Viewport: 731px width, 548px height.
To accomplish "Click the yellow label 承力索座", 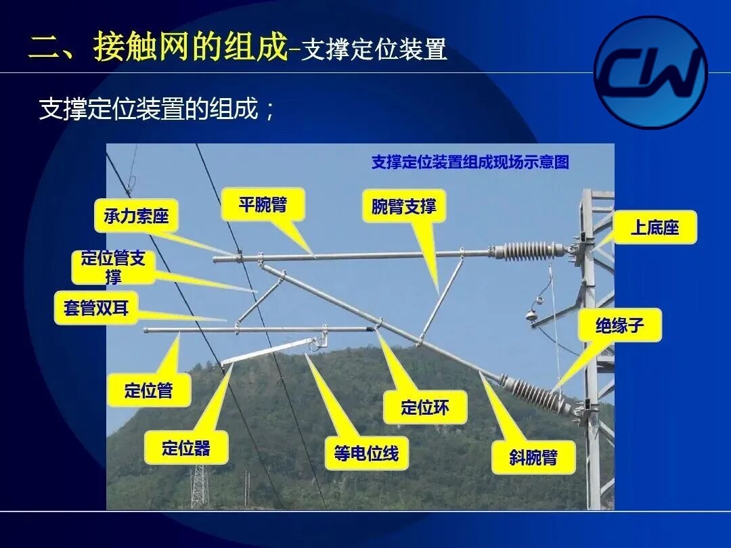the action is [136, 216].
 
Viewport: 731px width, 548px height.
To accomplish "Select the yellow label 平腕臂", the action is [263, 204].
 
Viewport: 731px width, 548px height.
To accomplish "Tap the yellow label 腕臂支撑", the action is [403, 206].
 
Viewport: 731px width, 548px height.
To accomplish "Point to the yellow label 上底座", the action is [655, 227].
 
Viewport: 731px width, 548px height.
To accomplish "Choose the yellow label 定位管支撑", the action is [113, 267].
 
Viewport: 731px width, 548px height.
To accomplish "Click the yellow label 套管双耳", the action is [96, 308].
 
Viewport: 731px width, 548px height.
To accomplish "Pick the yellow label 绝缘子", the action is [619, 325].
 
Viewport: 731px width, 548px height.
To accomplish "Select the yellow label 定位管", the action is [149, 390].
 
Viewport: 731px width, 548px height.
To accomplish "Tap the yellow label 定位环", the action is [424, 407].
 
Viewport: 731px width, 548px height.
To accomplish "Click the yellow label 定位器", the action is [186, 447].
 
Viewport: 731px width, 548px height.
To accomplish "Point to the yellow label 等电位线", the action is [366, 453].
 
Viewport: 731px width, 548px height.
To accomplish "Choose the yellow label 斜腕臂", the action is [533, 457].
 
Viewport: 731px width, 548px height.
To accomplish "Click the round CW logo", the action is [651, 72].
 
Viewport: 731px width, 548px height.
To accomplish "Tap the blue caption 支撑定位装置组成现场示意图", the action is [470, 162].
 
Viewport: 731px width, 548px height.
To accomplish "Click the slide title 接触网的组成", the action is [190, 47].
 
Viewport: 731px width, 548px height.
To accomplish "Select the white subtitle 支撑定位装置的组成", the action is [149, 109].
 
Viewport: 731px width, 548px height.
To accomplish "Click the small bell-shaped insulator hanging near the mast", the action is [532, 315].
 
